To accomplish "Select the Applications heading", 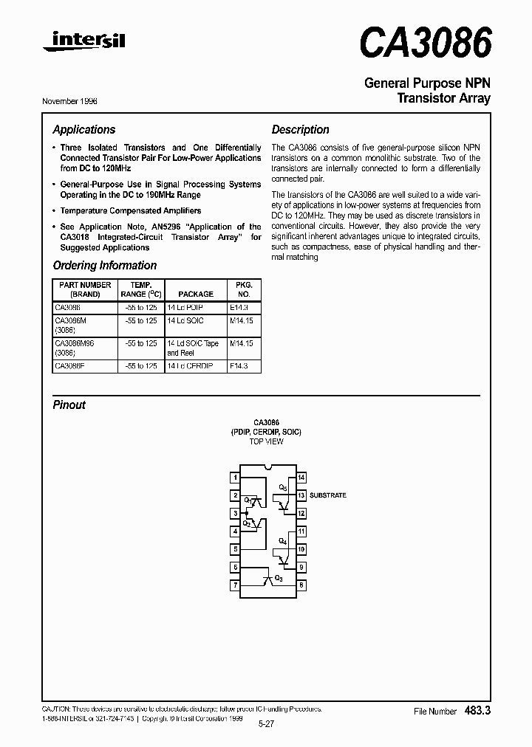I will tap(84, 130).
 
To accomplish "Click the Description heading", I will tap(300, 130).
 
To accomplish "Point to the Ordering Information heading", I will tap(105, 266).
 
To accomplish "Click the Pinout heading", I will tap(69, 405).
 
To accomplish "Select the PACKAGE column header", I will tap(196, 294).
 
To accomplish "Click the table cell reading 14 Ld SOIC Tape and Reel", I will tap(193, 348).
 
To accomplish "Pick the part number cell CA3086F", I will tap(70, 366).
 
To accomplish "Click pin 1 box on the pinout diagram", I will tap(235, 478).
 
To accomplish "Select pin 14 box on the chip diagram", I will tap(301, 478).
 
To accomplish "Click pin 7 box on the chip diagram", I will tap(235, 585).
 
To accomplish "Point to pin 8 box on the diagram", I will tap(301, 585).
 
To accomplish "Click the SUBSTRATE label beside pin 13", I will tap(328, 496).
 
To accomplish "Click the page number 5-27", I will tap(267, 724).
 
